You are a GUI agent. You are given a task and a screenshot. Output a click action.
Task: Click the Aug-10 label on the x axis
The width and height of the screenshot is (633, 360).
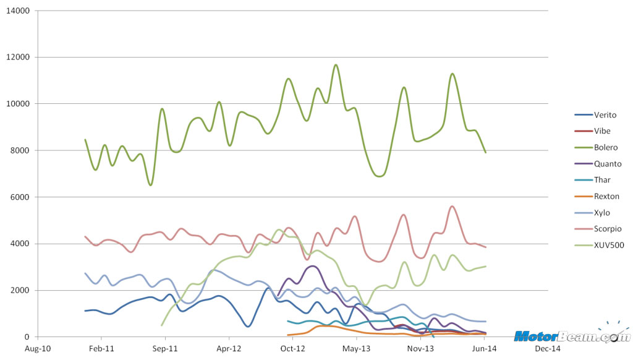point(38,349)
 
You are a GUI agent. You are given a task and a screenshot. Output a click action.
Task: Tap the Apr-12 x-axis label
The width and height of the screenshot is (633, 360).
point(229,349)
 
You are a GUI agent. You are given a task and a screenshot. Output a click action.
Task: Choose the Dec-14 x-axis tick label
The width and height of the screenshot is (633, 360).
point(547,349)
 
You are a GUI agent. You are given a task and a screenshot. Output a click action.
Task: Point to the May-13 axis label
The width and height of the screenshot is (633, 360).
point(356,349)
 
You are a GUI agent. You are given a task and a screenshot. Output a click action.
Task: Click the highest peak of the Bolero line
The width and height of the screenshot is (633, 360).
point(336,64)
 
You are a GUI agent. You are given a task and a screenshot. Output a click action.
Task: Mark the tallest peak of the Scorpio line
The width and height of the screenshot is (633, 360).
point(452,206)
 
